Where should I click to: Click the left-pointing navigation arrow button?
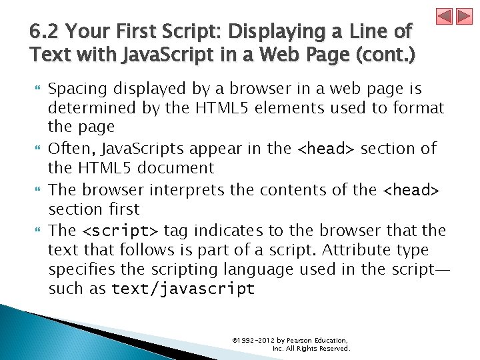coord(445,16)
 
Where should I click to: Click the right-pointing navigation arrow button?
coord(463,16)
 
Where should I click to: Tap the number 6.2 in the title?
coord(43,31)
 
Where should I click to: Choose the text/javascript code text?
coord(183,289)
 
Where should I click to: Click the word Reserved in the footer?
coord(335,348)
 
